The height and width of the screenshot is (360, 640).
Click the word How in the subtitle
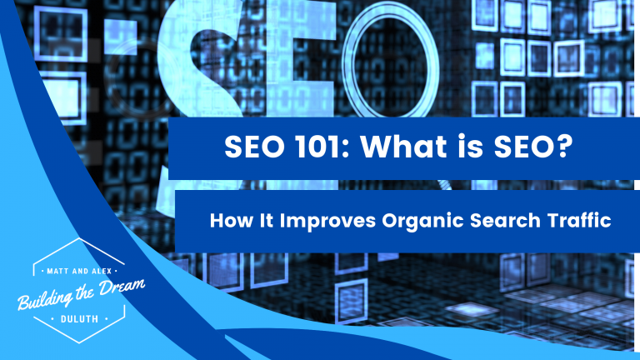pos(226,222)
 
